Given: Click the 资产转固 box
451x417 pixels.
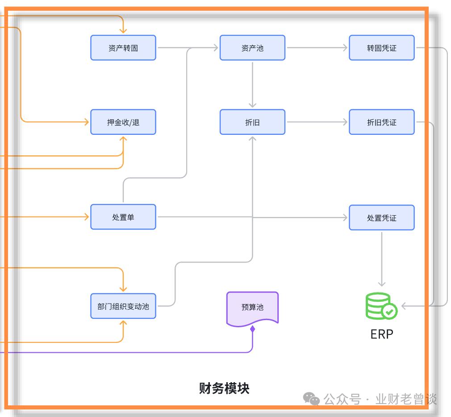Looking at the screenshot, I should point(123,48).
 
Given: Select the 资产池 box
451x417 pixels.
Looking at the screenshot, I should point(252,48).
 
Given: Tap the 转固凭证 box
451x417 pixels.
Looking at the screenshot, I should point(381,48).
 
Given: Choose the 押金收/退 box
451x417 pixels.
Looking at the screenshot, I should point(123,122).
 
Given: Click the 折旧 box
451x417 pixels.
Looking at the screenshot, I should point(252,122).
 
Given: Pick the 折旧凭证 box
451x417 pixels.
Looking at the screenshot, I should point(381,122).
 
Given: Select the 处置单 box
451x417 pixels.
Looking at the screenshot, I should point(123,217).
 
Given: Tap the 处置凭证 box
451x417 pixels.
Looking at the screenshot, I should point(381,217).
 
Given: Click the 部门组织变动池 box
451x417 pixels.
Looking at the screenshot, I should point(123,306).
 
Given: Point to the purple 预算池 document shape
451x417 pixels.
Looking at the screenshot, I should point(252,308).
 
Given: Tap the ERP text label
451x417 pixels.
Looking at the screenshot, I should point(382,334).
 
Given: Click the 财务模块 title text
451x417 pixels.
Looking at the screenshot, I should point(224,388).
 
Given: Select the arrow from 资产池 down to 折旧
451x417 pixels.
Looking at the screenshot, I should point(252,85).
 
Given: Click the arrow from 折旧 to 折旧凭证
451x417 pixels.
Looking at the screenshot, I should point(317,122).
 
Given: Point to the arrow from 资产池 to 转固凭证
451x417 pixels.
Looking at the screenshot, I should point(317,48).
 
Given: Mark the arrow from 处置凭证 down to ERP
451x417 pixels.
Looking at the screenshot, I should point(381,259).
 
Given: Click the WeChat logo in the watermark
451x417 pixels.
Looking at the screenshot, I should point(312,399).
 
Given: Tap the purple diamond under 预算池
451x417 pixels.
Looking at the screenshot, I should point(252,329).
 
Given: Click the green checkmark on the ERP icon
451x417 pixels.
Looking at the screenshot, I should point(390,312).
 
